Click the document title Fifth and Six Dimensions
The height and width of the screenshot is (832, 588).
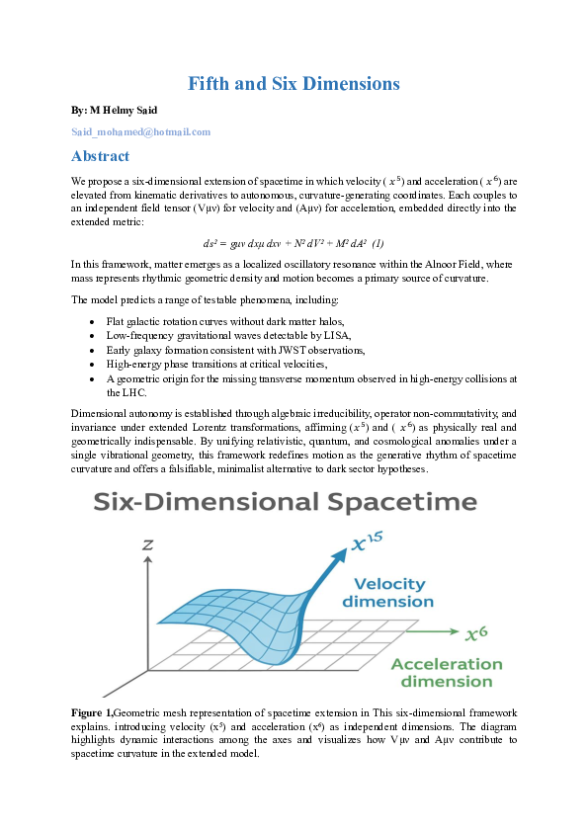294,84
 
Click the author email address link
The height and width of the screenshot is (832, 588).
141,131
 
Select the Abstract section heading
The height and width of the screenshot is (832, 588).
100,156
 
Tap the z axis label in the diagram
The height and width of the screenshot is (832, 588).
146,543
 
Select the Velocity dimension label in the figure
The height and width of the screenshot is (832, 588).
387,592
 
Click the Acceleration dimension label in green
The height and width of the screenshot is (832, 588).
447,672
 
